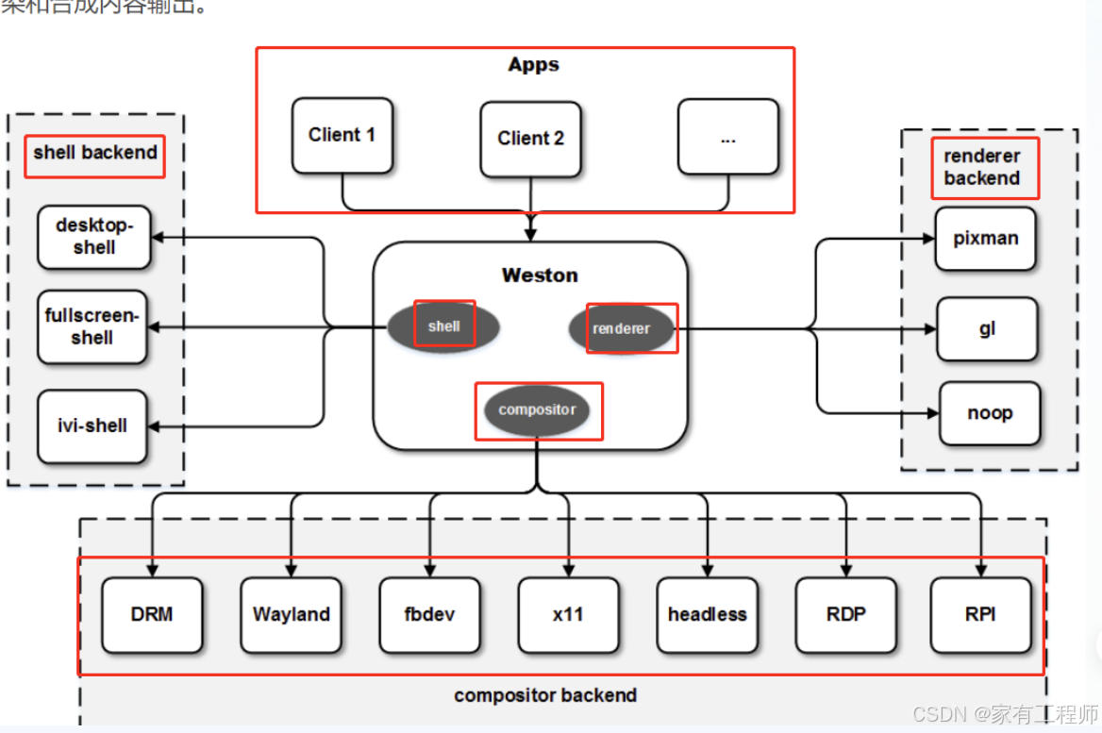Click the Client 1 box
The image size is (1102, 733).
(342, 135)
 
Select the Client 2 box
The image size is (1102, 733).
(530, 139)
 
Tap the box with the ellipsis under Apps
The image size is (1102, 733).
(727, 137)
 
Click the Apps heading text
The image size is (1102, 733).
(533, 65)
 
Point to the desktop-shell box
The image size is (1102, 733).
(93, 237)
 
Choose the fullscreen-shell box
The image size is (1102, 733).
(92, 327)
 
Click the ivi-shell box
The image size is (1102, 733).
(92, 425)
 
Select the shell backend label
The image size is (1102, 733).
(95, 153)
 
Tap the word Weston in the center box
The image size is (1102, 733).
(540, 275)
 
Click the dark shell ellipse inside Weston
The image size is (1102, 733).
(443, 326)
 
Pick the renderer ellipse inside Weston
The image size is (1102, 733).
(622, 328)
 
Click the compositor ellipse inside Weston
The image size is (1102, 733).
(537, 410)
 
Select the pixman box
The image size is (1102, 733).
(986, 239)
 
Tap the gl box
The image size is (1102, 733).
(987, 329)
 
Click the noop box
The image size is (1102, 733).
(990, 413)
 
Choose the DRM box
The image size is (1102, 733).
(152, 614)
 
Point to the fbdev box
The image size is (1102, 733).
(429, 614)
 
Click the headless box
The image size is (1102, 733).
(707, 614)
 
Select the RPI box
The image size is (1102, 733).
(980, 614)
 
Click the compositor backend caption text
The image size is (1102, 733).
(545, 695)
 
